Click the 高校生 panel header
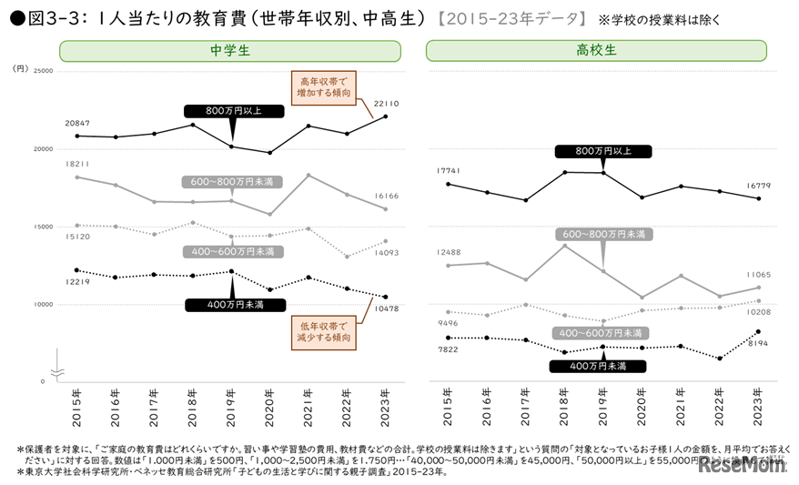tap(602, 51)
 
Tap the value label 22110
tap(386, 104)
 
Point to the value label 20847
tap(77, 123)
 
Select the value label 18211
tap(77, 165)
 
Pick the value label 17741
tap(447, 171)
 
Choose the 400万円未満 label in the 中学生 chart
tap(233, 305)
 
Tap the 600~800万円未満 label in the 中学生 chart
tap(233, 181)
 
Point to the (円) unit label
tap(20, 68)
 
